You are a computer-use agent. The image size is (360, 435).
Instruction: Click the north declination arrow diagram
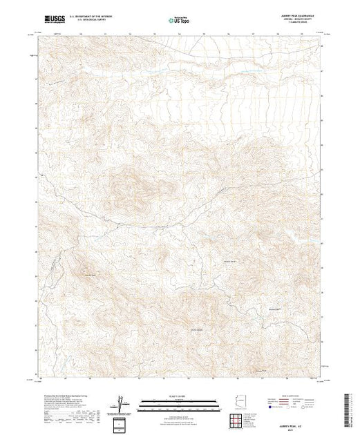click(121, 402)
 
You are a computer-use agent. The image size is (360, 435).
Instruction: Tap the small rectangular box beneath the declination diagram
click(122, 422)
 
